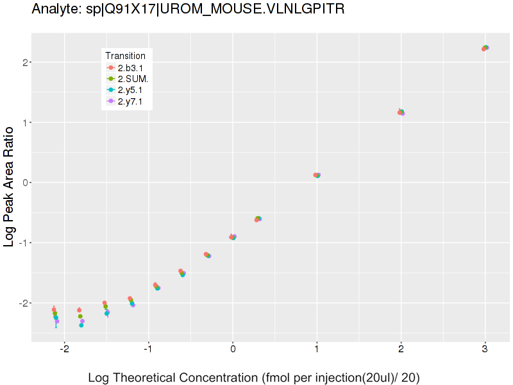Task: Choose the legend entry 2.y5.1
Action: pyautogui.click(x=130, y=90)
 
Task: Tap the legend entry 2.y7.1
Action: pyautogui.click(x=130, y=101)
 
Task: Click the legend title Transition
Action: pyautogui.click(x=125, y=56)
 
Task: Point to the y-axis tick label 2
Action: pyautogui.click(x=22, y=62)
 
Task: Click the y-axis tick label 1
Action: pyautogui.click(x=22, y=122)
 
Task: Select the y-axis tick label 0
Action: pyautogui.click(x=22, y=182)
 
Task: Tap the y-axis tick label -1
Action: pyautogui.click(x=21, y=243)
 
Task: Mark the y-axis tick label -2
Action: pyautogui.click(x=21, y=302)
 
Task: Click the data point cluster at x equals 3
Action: pyautogui.click(x=485, y=48)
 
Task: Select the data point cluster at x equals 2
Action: pyautogui.click(x=401, y=112)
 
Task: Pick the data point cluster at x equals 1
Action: pyautogui.click(x=317, y=175)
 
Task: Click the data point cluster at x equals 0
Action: pyautogui.click(x=233, y=237)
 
